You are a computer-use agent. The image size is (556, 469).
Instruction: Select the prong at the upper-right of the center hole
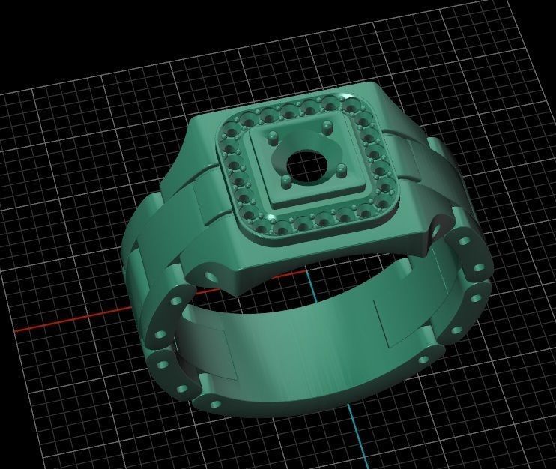click(327, 125)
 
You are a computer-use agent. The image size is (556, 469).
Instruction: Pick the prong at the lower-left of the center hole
click(285, 180)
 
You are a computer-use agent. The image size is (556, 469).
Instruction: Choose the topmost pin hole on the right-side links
click(463, 242)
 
